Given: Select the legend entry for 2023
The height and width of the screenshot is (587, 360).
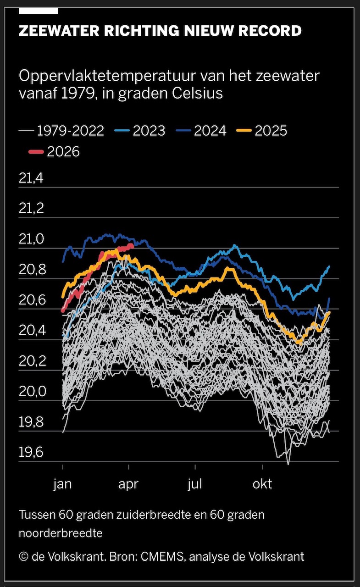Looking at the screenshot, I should click(149, 131).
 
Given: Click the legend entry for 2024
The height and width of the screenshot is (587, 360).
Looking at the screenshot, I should click(210, 131).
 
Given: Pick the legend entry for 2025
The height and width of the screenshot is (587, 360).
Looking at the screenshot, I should click(271, 131).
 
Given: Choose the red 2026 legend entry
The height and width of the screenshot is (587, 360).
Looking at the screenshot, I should click(63, 151).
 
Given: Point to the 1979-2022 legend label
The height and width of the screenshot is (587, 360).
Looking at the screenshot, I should click(71, 131).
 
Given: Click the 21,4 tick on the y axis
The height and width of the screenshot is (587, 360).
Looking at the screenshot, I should click(31, 179).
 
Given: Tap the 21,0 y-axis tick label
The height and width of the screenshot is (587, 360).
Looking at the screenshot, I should click(31, 239).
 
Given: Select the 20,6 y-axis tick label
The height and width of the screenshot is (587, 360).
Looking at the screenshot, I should click(31, 301).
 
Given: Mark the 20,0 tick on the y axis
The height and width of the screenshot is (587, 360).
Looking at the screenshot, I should click(31, 392).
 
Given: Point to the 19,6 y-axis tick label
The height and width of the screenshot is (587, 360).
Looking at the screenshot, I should click(31, 453).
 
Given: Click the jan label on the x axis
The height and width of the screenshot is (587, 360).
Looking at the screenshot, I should click(63, 484).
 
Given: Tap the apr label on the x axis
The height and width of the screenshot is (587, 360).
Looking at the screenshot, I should click(128, 484).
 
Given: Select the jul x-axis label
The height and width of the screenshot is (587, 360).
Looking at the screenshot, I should click(195, 484).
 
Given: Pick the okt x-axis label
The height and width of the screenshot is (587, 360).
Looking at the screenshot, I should click(262, 484).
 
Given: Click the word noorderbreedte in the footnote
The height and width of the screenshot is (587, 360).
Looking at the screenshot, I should click(61, 533).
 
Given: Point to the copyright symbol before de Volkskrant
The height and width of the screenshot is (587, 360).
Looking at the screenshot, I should click(23, 557).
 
